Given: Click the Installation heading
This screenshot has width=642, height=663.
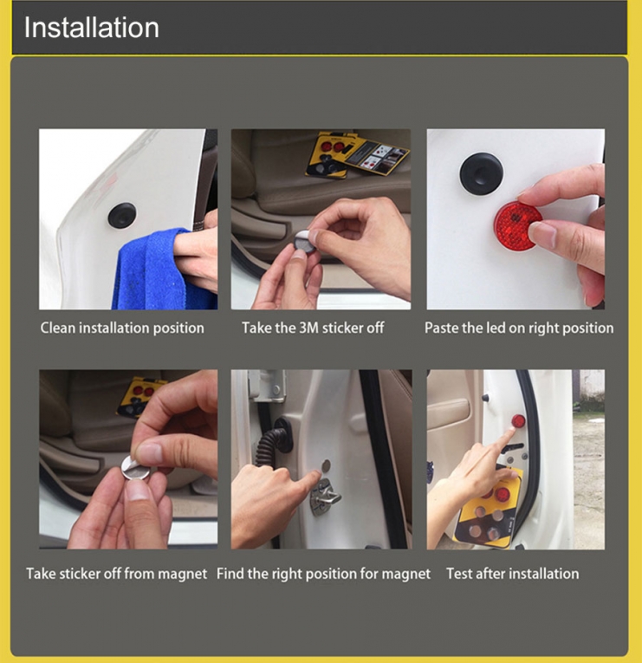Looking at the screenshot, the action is coord(92,28).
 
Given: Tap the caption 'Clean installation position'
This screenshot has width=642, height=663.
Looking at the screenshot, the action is coord(122,328).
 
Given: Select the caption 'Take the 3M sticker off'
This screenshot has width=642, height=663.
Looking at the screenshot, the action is coord(313,328).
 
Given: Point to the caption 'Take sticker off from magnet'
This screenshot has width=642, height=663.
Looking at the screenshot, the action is coord(117,574).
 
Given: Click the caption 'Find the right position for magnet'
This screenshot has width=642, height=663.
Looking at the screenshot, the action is coord(323,574).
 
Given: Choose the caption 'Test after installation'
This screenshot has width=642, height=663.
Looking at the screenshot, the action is coord(513,574).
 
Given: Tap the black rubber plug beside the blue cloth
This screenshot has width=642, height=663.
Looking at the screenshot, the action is coord(122,215).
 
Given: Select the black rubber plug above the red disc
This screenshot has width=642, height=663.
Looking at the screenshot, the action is coord(482,173).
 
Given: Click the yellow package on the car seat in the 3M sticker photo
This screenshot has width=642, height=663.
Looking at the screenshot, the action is coord(356,155).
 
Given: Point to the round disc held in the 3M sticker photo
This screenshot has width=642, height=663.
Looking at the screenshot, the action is coord(303,242).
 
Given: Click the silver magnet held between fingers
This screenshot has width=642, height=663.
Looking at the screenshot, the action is coord(135,468).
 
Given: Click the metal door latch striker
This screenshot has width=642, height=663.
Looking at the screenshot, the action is coord(325,497).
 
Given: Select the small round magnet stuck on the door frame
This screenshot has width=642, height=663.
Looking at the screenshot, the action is coord(326,466).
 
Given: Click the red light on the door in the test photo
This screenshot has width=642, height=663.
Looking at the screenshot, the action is coord(518,421).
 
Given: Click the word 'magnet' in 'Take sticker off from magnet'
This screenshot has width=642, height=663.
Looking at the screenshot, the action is coord(183,575).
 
